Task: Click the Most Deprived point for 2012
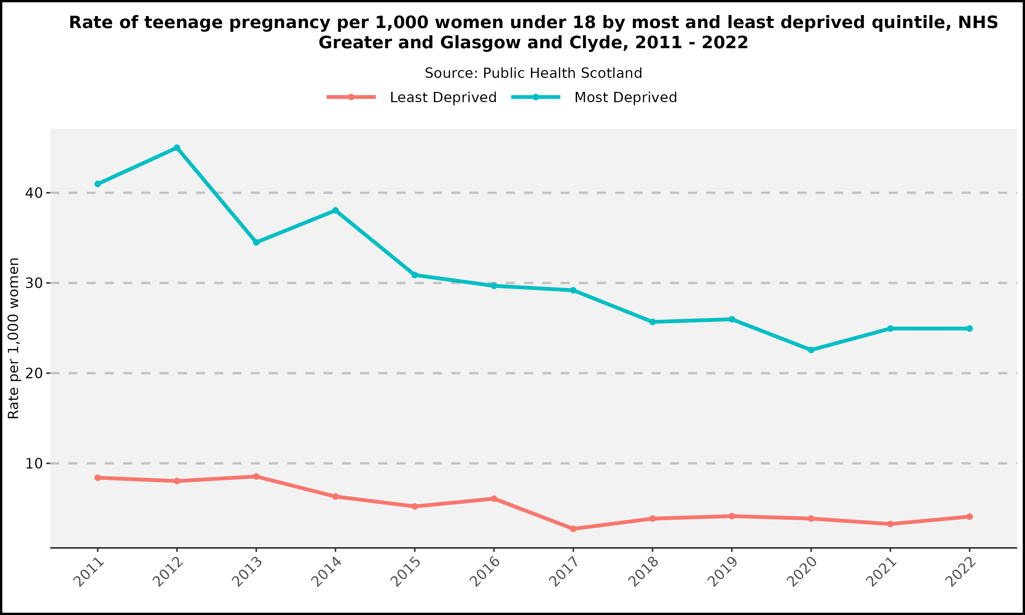177,148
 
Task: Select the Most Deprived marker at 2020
811,350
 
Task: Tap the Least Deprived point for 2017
573,529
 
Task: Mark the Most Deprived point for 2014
335,210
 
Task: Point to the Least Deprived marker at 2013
256,477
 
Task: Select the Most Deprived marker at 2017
573,290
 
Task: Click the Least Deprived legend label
443,98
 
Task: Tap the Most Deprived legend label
625,98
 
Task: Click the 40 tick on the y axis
34,193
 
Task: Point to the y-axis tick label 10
34,463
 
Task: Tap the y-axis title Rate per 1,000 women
14,338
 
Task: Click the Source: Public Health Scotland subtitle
533,73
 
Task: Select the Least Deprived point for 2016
494,498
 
